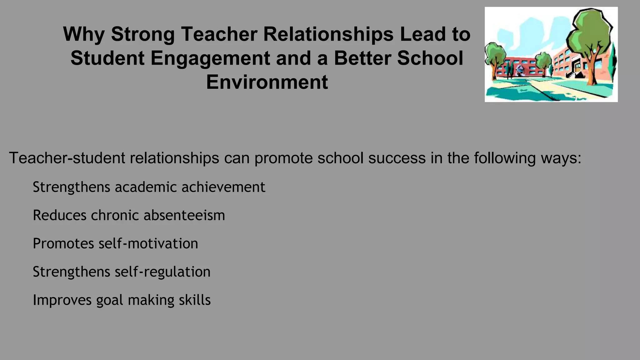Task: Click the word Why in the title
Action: [x=84, y=34]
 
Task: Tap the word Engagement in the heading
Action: [x=210, y=58]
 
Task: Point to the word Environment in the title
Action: [x=267, y=82]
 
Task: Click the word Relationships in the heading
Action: [x=328, y=34]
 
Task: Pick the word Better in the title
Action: [x=362, y=58]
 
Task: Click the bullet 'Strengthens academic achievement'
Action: [x=149, y=187]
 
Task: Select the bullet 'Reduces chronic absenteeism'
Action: [x=129, y=215]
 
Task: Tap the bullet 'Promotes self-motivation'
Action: [x=115, y=243]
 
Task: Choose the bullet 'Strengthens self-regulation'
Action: [x=122, y=272]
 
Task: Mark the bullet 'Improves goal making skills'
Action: [x=122, y=300]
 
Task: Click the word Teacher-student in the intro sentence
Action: [x=67, y=158]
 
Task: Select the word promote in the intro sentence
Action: [x=283, y=158]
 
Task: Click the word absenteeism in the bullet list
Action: [x=184, y=215]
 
